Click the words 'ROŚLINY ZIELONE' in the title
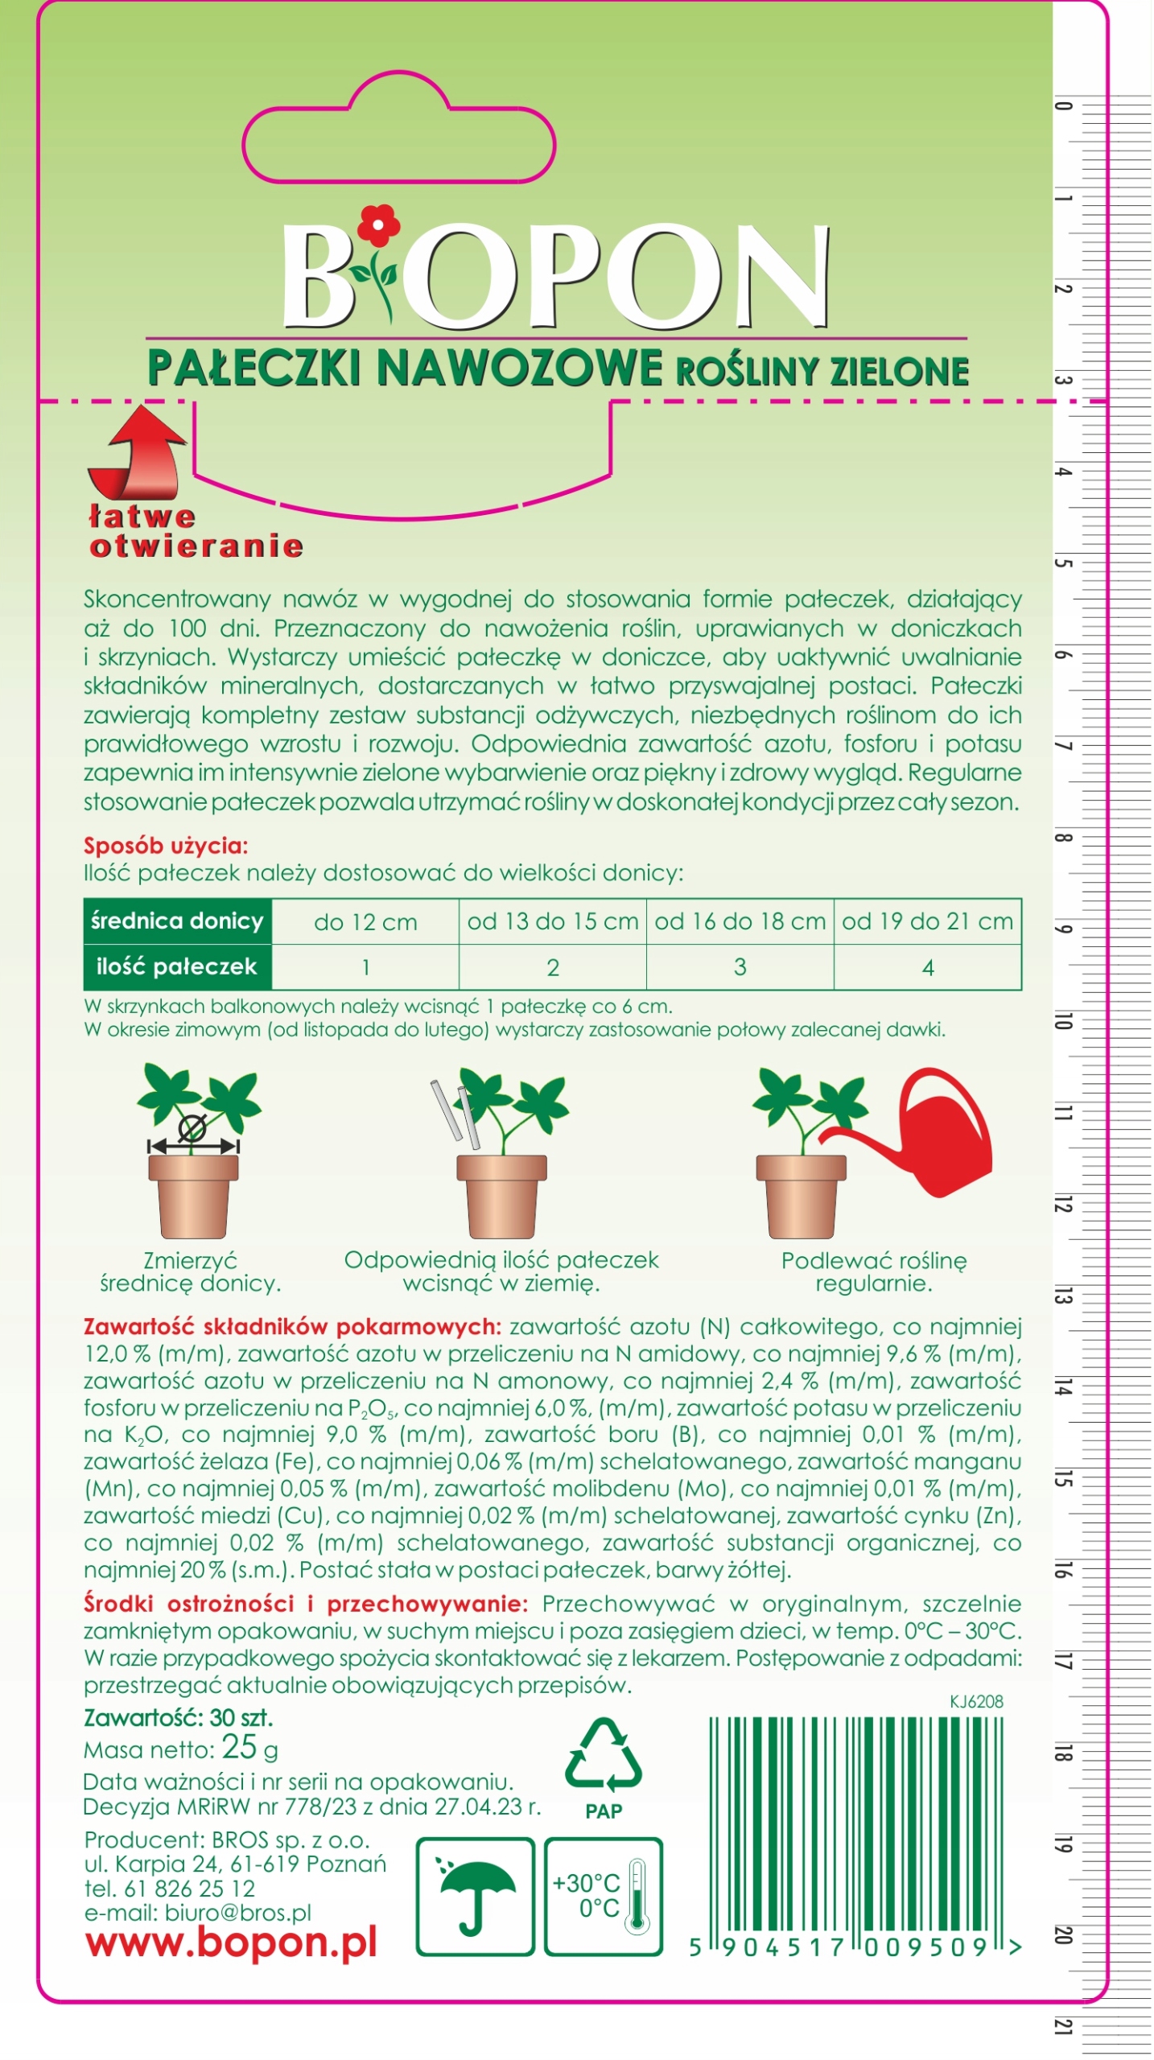tap(822, 371)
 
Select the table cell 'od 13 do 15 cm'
tap(552, 921)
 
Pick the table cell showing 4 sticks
tap(927, 967)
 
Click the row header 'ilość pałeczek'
tap(176, 966)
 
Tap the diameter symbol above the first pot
tap(192, 1128)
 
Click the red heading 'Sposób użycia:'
tap(166, 846)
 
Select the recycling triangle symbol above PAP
tap(603, 1755)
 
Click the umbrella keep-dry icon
tap(475, 1894)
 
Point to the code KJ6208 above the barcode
tap(976, 1701)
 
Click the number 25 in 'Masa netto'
tap(239, 1746)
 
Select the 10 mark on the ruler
tap(1063, 1020)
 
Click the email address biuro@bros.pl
tap(237, 1913)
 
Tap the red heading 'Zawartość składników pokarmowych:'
tap(292, 1327)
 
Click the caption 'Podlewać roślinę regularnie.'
tap(873, 1271)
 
